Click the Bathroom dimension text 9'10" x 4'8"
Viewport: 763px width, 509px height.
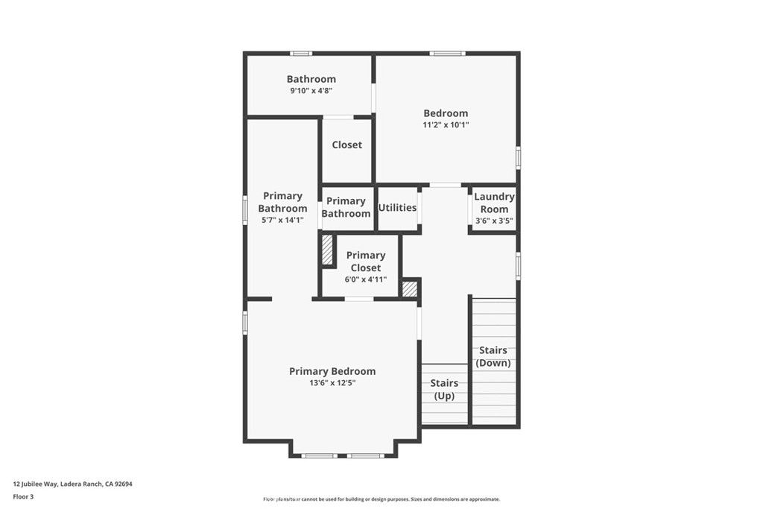point(311,91)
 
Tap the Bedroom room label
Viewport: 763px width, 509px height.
point(446,113)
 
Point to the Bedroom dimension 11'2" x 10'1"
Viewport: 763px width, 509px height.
point(446,125)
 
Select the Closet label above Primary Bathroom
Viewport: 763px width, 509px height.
point(346,145)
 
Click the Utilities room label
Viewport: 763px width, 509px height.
point(397,208)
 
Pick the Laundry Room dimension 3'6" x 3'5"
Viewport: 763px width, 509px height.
point(494,221)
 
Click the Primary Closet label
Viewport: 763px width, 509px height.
point(365,262)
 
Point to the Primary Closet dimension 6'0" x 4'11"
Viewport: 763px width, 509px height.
point(365,279)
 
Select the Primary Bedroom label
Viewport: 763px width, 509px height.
point(332,371)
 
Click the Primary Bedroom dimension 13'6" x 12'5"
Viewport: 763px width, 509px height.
point(332,383)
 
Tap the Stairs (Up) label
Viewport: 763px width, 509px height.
point(445,389)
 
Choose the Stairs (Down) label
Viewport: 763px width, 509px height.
point(493,356)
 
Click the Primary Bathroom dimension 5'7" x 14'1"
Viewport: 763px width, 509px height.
point(282,221)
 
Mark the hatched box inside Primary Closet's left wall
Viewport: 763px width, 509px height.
point(327,250)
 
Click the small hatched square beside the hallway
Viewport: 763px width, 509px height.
point(409,289)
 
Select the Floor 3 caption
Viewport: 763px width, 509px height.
point(24,496)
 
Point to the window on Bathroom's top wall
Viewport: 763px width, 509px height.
point(301,53)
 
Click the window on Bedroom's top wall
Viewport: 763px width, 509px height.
point(447,53)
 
